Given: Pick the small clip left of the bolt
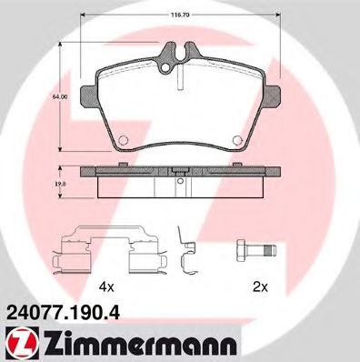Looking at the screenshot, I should (188, 256).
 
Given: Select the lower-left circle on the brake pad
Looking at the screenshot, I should (120, 139).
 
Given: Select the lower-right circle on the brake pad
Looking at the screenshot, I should (237, 139).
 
